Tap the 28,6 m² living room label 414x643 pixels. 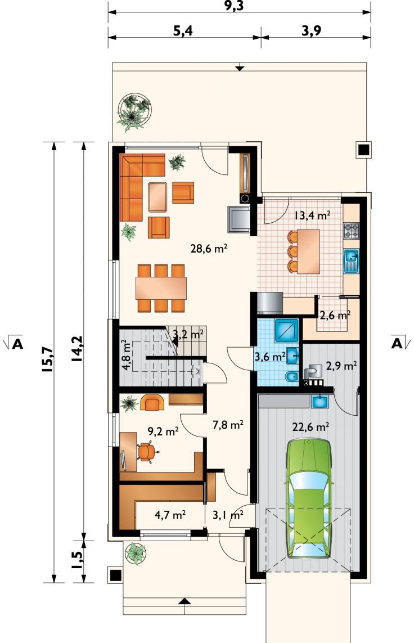click(209, 248)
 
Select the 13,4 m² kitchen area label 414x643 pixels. click(312, 215)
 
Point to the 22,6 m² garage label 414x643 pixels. click(310, 427)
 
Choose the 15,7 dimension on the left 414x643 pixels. click(47, 359)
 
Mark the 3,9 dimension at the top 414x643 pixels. click(312, 31)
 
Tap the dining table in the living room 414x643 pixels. click(161, 289)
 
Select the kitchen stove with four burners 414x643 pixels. click(351, 231)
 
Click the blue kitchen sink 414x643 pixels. click(352, 261)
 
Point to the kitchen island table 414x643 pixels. click(308, 251)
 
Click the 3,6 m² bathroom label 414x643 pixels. click(269, 357)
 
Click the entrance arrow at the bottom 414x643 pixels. click(185, 601)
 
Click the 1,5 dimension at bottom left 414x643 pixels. click(78, 560)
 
